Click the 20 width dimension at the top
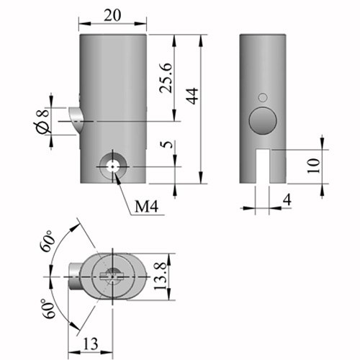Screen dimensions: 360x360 (x=112, y=16)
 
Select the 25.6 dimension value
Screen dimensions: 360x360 (x=166, y=78)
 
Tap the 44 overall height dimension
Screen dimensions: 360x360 (x=193, y=96)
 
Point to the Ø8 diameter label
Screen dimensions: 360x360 (x=42, y=121)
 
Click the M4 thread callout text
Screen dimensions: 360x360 (x=147, y=206)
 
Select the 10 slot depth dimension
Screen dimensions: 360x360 (x=314, y=166)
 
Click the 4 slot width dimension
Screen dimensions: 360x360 (x=287, y=199)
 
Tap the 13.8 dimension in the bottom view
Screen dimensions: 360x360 (x=160, y=276)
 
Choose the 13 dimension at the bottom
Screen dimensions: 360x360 (x=91, y=343)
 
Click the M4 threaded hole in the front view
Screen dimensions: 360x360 (x=112, y=166)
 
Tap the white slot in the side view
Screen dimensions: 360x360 (x=263, y=166)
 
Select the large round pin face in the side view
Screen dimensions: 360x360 (x=263, y=121)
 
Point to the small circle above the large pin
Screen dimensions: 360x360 (x=263, y=97)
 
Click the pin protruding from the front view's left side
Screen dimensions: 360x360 (x=76, y=120)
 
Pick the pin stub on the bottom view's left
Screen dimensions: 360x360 (x=75, y=276)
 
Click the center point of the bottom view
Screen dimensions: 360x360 (x=112, y=276)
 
